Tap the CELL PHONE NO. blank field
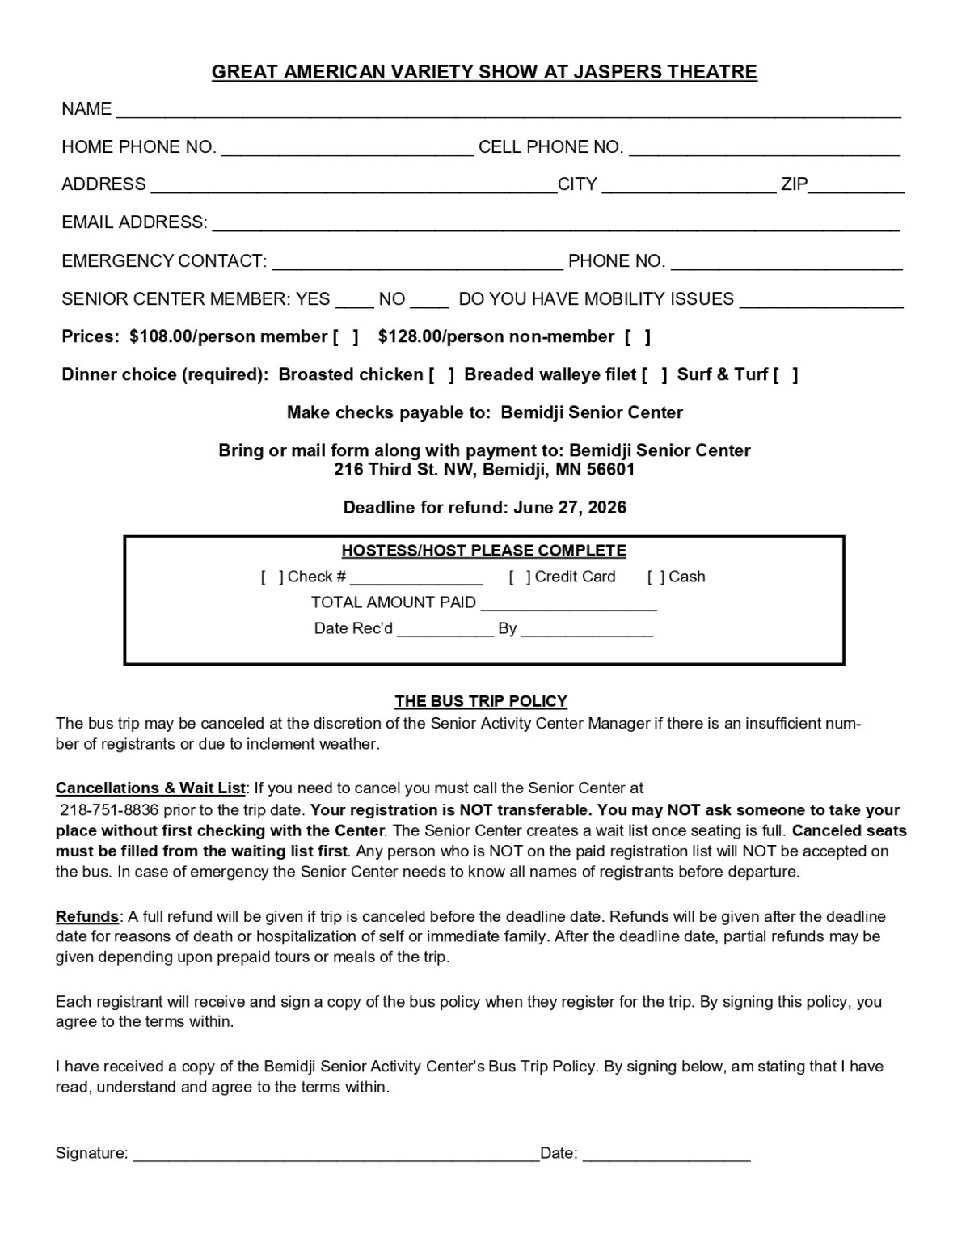point(764,148)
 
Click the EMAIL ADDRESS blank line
point(555,224)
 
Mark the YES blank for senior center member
point(354,301)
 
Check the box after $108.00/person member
point(346,337)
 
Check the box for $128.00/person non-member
point(637,337)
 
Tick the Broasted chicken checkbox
point(441,375)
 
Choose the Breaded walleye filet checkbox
point(655,375)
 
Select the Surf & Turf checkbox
point(786,375)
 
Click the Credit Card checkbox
point(520,577)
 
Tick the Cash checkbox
point(656,577)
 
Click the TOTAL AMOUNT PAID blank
point(569,604)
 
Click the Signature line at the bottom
point(335,1155)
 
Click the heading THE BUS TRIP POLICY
point(481,701)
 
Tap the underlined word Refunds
point(87,917)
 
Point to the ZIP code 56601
point(612,470)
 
